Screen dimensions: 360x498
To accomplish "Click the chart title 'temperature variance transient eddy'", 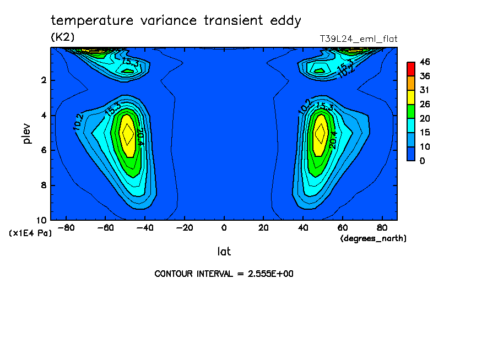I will tap(176, 21).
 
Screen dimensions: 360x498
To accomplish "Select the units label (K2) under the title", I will tap(62, 37).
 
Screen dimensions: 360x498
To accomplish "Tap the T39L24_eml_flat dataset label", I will tap(359, 39).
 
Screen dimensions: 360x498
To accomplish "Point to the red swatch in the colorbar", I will tap(411, 68).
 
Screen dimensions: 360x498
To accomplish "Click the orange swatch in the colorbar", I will tap(411, 83).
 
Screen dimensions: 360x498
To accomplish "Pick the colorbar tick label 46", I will tap(424, 62).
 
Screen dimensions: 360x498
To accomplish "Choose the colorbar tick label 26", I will tap(424, 104).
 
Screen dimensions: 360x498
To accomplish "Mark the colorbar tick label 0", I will tap(421, 161).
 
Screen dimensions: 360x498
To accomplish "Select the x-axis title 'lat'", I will tap(224, 252).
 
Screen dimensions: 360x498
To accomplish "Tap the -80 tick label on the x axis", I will tap(66, 227).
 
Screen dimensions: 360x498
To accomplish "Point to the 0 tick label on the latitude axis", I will tap(224, 227).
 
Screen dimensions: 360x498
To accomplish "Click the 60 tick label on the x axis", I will tap(342, 227).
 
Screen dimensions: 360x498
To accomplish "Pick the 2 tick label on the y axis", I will tap(43, 80).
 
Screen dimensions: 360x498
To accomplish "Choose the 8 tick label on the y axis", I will tap(43, 186).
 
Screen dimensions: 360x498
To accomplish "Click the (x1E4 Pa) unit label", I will tap(30, 233).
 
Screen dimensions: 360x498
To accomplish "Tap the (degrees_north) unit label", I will tap(373, 238).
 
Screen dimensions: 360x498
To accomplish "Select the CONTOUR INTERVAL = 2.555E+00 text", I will tap(224, 274).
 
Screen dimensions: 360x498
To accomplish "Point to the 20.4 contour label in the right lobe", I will tap(333, 139).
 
